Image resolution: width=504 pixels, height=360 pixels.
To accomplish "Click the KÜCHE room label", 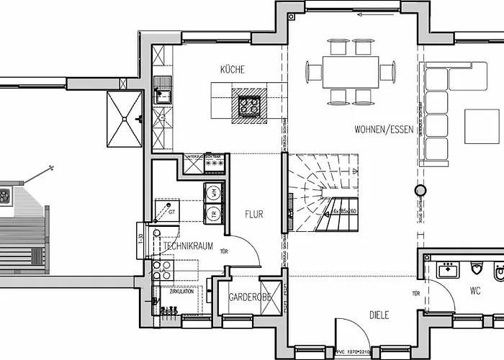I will [232, 70].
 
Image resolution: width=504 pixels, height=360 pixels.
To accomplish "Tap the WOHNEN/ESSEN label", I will [383, 130].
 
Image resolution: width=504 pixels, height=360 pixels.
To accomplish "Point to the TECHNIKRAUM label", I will [189, 246].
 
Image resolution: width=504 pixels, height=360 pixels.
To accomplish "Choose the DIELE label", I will [379, 314].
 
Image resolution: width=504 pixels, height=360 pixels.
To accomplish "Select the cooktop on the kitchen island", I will [249, 105].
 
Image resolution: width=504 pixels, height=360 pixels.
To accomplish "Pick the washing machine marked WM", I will [214, 192].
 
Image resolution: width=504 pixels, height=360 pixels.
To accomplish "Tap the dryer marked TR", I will [214, 213].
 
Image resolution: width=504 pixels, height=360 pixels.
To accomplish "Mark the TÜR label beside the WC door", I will [415, 294].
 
